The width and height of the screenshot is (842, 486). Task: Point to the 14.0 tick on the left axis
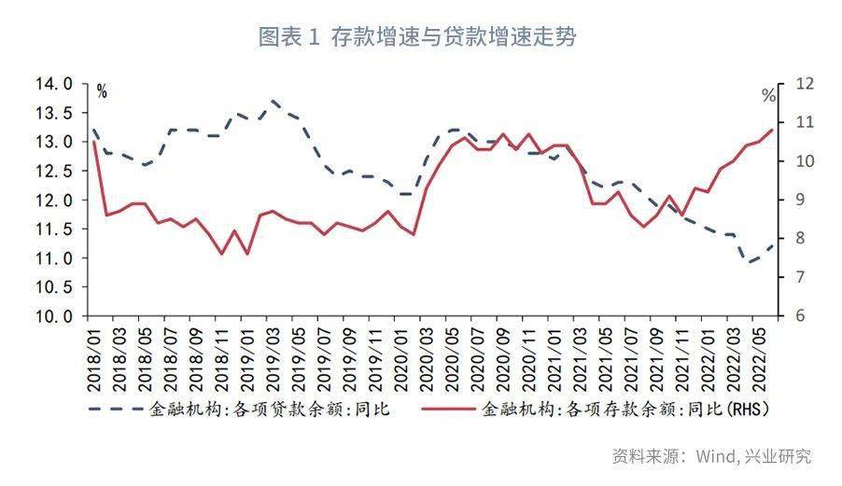point(54,84)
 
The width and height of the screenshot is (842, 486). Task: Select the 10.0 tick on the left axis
point(54,316)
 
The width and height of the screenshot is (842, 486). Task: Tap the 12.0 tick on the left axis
point(54,200)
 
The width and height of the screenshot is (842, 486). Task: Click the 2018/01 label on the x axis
point(95,359)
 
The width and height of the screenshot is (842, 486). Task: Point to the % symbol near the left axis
point(102,91)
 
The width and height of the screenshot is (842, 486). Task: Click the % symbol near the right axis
point(768,96)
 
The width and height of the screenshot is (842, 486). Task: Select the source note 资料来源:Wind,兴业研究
point(711,456)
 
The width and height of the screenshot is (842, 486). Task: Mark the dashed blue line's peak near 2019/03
point(274,101)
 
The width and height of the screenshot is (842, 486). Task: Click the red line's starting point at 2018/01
point(94,141)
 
